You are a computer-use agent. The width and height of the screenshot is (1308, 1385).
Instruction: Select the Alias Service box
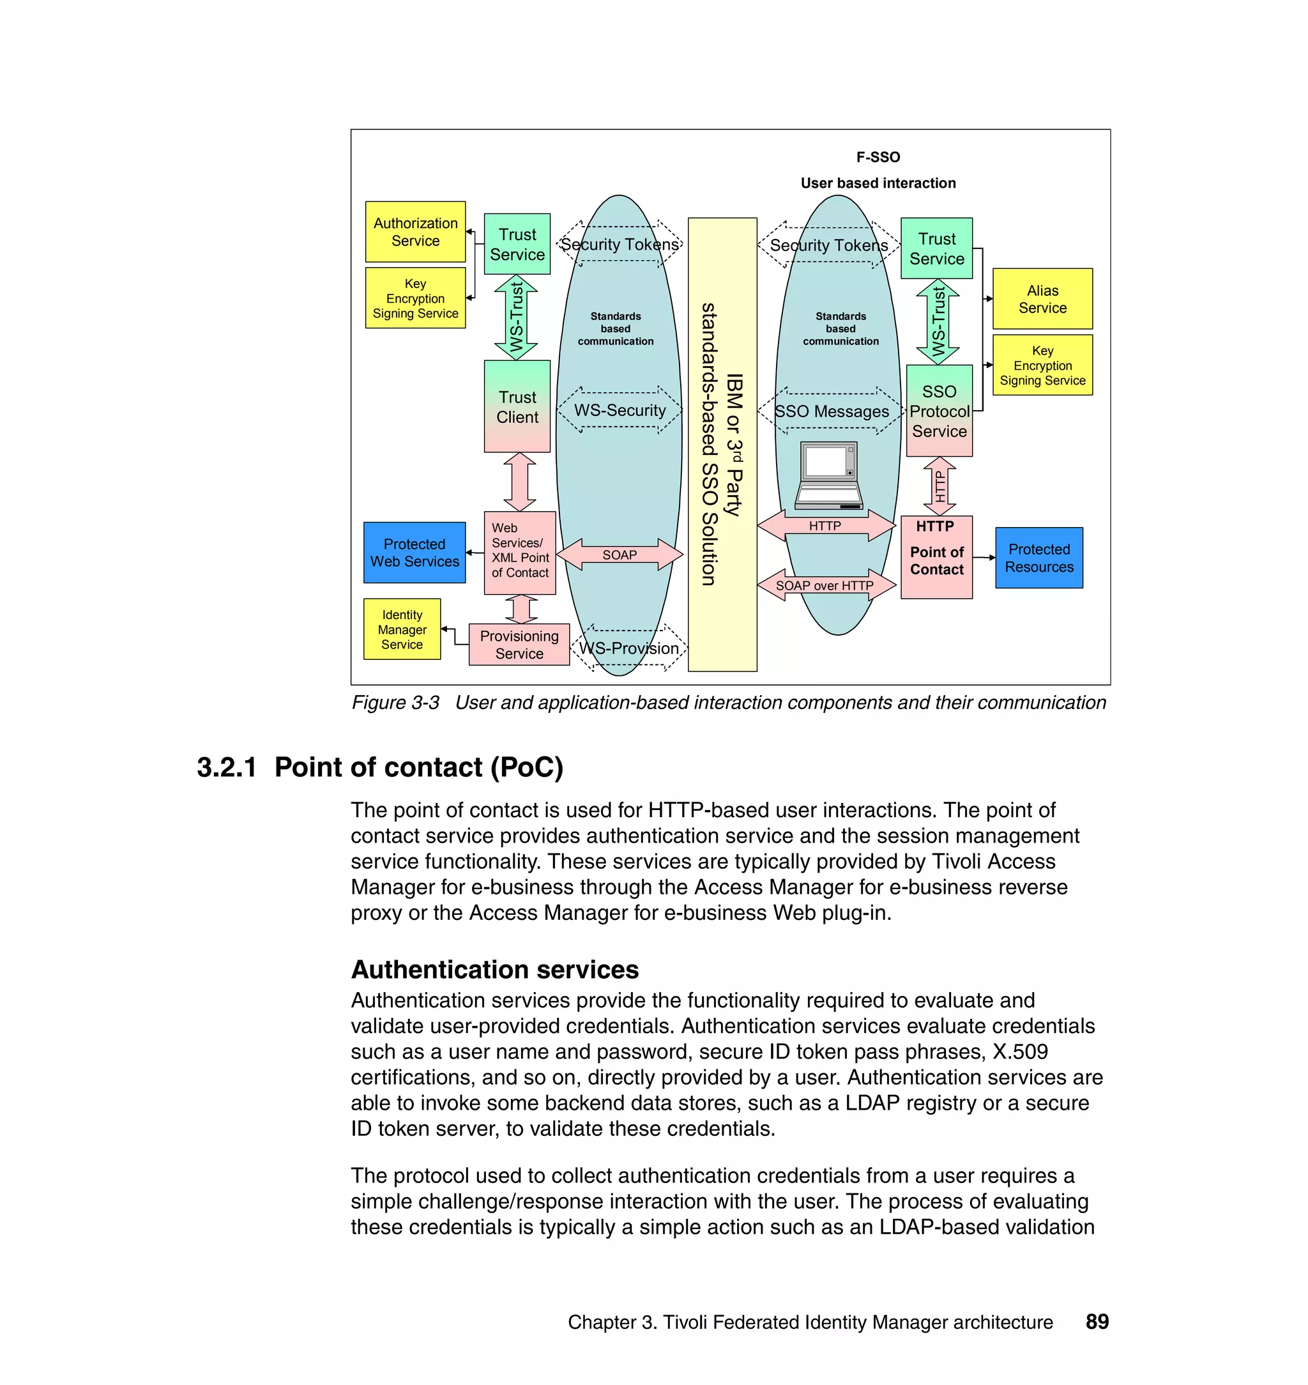click(1042, 298)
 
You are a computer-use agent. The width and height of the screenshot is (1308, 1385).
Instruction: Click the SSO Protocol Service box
click(938, 411)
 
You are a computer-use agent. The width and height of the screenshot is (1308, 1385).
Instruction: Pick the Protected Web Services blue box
click(414, 553)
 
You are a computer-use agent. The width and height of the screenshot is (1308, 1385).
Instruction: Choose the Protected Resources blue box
click(1038, 558)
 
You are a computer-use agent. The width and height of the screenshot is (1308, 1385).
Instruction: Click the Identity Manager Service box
click(402, 629)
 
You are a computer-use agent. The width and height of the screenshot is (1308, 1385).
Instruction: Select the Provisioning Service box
click(519, 645)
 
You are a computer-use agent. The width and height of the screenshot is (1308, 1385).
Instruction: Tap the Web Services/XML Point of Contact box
click(519, 553)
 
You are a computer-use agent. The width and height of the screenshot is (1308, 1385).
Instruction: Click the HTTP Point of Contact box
click(936, 557)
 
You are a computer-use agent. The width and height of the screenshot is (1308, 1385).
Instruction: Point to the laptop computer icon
click(828, 475)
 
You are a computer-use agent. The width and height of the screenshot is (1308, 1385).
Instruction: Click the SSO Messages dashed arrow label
click(831, 411)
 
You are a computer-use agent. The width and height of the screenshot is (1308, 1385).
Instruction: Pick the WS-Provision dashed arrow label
click(628, 648)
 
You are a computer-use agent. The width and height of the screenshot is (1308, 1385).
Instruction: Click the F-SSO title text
click(878, 157)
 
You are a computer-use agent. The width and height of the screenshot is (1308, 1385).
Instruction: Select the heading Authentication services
click(494, 969)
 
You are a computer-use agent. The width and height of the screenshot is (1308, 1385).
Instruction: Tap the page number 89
click(1097, 1322)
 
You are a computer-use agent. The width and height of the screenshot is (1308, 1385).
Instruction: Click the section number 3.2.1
click(226, 767)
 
